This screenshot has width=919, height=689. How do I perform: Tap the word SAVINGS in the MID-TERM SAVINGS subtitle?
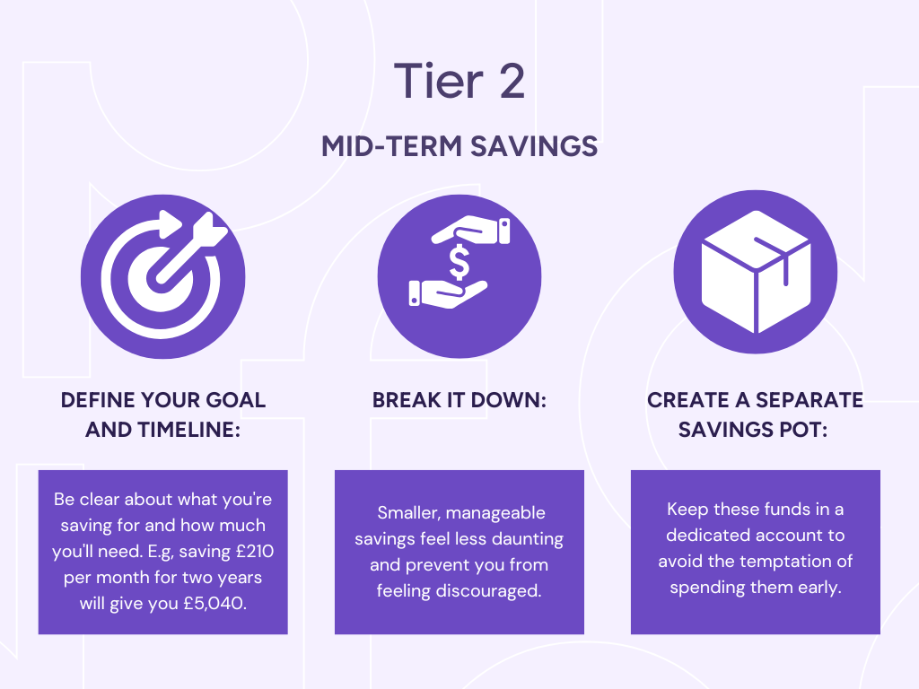click(534, 146)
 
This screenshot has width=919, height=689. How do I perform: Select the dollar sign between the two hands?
click(459, 263)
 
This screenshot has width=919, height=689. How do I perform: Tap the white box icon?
click(756, 272)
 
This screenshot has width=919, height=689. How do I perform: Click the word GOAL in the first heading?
click(235, 400)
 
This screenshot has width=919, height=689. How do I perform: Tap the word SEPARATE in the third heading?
click(810, 400)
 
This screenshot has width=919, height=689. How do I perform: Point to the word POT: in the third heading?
click(803, 430)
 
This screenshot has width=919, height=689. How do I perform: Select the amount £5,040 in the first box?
click(214, 604)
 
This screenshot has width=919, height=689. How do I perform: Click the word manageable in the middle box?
click(495, 513)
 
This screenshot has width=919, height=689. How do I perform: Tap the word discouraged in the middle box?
click(488, 590)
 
